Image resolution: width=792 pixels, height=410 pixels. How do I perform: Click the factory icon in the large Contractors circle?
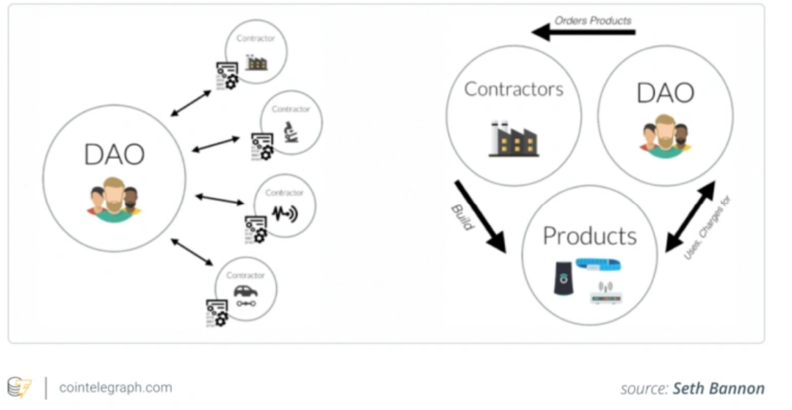(513, 139)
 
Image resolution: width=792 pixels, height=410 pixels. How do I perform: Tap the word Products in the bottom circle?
(589, 235)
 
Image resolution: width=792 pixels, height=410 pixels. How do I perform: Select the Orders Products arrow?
(583, 32)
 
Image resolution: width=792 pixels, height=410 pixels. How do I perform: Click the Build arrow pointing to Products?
(481, 216)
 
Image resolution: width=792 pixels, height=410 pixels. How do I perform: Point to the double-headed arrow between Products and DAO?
(689, 216)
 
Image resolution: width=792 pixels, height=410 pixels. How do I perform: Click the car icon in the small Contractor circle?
(245, 292)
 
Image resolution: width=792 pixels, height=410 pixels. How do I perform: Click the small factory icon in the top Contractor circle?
(257, 62)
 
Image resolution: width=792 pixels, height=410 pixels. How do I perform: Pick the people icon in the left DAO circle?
(113, 198)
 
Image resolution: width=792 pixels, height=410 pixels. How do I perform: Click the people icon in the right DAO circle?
(664, 134)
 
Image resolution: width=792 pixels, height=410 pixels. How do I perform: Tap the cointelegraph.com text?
(115, 387)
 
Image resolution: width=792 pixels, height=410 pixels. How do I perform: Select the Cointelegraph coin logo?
(20, 387)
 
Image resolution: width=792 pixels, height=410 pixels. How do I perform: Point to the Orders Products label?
(594, 20)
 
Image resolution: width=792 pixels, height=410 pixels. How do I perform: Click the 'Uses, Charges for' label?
(708, 227)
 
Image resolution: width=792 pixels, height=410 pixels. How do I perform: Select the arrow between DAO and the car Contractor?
(192, 252)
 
